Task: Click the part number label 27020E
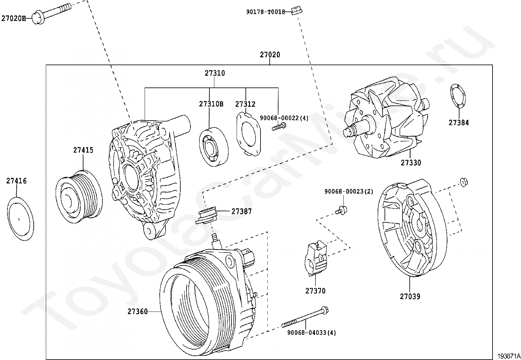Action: pyautogui.click(x=13, y=18)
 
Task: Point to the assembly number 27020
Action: pyautogui.click(x=270, y=55)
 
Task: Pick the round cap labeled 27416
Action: pyautogui.click(x=20, y=219)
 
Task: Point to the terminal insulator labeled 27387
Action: pyautogui.click(x=207, y=215)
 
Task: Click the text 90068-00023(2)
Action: pyautogui.click(x=349, y=191)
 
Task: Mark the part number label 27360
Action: pyautogui.click(x=138, y=312)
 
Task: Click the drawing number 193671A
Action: pyautogui.click(x=509, y=356)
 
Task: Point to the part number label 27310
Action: pyautogui.click(x=215, y=73)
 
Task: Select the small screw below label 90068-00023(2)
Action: pyautogui.click(x=342, y=209)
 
